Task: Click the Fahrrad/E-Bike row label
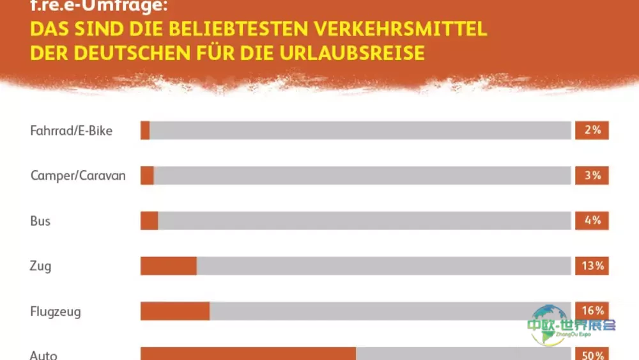71,130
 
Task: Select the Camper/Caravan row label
78,175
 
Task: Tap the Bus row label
40,221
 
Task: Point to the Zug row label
40,266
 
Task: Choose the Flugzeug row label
56,311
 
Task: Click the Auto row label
44,355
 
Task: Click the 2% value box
592,130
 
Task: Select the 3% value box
592,175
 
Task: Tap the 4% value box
592,221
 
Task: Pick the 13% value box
592,266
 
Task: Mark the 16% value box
592,310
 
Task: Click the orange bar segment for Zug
169,266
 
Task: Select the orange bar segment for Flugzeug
175,311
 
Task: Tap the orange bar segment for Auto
248,354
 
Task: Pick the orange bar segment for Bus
150,221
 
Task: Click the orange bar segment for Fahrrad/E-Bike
145,130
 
